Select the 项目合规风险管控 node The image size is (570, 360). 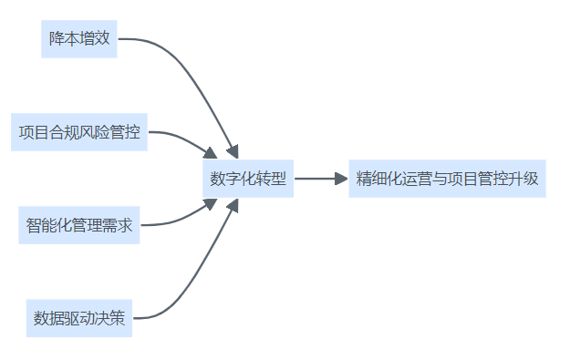tap(79, 133)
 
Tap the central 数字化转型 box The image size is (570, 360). tap(247, 180)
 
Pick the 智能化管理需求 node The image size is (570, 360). tap(79, 225)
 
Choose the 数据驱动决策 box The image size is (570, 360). tap(79, 318)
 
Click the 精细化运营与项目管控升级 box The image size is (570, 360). tap(447, 179)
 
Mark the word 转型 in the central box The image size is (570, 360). tap(270, 180)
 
